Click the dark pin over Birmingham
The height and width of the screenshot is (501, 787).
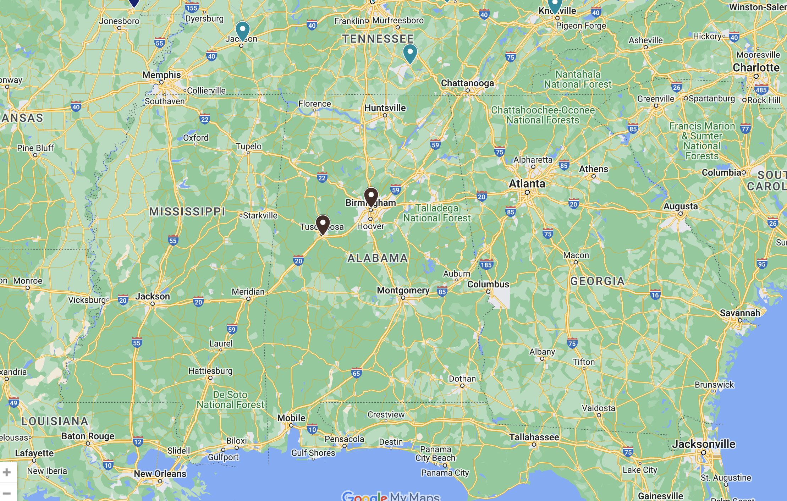(371, 196)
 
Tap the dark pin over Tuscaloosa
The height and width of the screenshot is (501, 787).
(323, 224)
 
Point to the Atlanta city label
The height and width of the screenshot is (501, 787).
(527, 184)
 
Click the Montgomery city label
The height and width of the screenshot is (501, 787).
(403, 291)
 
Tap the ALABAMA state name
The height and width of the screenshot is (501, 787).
(378, 258)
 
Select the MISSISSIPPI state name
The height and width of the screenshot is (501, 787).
(187, 212)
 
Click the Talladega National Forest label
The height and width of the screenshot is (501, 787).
(437, 213)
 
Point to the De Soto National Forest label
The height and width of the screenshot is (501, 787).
(230, 400)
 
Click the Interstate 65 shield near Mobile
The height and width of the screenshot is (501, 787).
(357, 373)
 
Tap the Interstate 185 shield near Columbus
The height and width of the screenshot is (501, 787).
(486, 265)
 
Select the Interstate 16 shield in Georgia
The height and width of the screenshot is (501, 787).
(655, 295)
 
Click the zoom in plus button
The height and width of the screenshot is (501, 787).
(7, 472)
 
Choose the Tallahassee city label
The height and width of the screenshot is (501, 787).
(534, 437)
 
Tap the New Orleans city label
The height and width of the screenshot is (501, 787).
(160, 474)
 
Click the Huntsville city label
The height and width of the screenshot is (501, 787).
(385, 108)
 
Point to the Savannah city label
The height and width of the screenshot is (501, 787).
(740, 313)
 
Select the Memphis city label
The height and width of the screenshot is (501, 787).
(161, 75)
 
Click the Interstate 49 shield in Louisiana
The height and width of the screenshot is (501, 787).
(13, 403)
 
